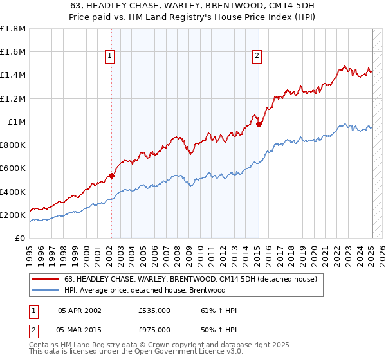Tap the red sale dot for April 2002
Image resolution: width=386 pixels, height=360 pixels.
click(x=111, y=175)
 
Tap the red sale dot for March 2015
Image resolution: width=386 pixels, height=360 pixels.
click(x=259, y=124)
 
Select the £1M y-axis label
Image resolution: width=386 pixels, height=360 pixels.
click(x=17, y=122)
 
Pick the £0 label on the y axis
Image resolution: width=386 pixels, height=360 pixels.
click(x=20, y=239)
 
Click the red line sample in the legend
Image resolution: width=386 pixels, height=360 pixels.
click(x=46, y=280)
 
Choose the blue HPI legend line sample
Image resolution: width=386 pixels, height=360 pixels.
click(x=46, y=290)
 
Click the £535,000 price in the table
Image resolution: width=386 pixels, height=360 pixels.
click(x=154, y=310)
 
